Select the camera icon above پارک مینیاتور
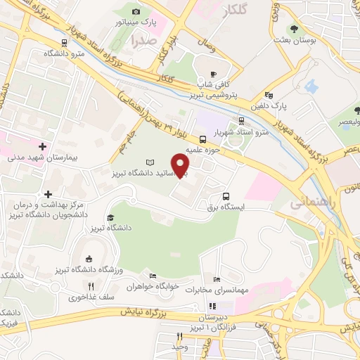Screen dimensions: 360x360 tap(136, 11)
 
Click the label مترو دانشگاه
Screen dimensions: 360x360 tap(64, 53)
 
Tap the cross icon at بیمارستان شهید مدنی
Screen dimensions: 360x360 tap(44, 147)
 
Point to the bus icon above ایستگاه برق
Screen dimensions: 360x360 tap(226, 197)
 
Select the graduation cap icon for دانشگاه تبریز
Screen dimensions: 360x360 tap(110, 219)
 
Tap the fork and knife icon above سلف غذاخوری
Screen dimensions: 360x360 tap(91, 285)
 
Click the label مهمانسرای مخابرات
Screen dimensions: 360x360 tap(224, 290)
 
